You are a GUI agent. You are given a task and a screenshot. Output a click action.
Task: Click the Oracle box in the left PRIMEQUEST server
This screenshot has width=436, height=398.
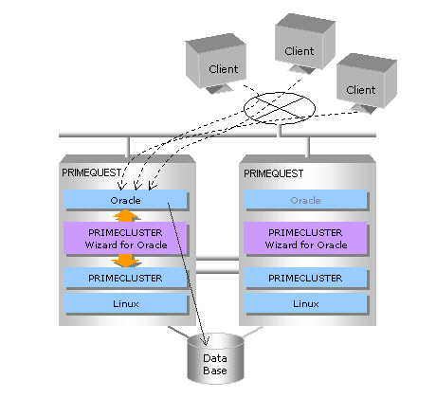[x=125, y=199]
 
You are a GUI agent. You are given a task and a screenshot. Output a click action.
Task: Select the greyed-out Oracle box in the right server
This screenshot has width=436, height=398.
[x=305, y=199]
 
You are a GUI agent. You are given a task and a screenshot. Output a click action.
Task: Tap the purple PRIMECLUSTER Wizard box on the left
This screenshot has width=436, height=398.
[x=125, y=238]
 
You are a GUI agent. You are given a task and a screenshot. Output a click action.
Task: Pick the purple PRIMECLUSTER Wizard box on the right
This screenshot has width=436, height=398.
[x=305, y=238]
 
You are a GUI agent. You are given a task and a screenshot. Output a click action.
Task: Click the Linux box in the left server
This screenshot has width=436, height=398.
[x=125, y=303]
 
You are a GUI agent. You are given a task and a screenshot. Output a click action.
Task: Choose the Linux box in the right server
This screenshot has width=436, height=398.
[x=305, y=303]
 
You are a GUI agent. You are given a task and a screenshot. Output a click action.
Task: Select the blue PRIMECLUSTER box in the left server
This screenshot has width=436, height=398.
[x=125, y=278]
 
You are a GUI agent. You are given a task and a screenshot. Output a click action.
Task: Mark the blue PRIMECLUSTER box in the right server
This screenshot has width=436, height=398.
[x=305, y=278]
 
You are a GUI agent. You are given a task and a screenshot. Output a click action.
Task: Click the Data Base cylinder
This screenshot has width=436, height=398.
[x=215, y=358]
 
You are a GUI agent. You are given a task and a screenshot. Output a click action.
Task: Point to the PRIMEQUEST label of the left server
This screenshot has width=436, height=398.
[x=92, y=172]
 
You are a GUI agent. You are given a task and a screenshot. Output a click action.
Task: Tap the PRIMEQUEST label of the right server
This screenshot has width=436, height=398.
[x=274, y=173]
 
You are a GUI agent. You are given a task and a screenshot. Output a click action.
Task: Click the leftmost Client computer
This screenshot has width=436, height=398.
[x=216, y=63]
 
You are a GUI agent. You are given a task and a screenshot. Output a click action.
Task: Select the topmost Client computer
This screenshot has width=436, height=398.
[x=305, y=44]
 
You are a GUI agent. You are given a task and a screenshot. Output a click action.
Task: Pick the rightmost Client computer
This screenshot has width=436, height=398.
[x=367, y=82]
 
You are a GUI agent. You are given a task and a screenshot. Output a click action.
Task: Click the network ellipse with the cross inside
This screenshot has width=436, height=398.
[x=280, y=93]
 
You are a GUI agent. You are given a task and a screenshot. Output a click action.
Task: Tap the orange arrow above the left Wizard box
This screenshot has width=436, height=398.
[x=126, y=215]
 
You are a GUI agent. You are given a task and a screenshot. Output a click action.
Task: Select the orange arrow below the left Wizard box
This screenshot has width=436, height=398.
[x=126, y=261]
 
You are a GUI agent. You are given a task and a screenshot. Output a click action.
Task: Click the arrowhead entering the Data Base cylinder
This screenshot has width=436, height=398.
[x=206, y=340]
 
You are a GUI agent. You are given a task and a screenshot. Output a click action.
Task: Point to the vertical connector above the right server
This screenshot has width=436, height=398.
[x=308, y=147]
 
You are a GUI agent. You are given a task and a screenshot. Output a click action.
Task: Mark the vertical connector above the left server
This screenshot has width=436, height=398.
[x=128, y=147]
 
